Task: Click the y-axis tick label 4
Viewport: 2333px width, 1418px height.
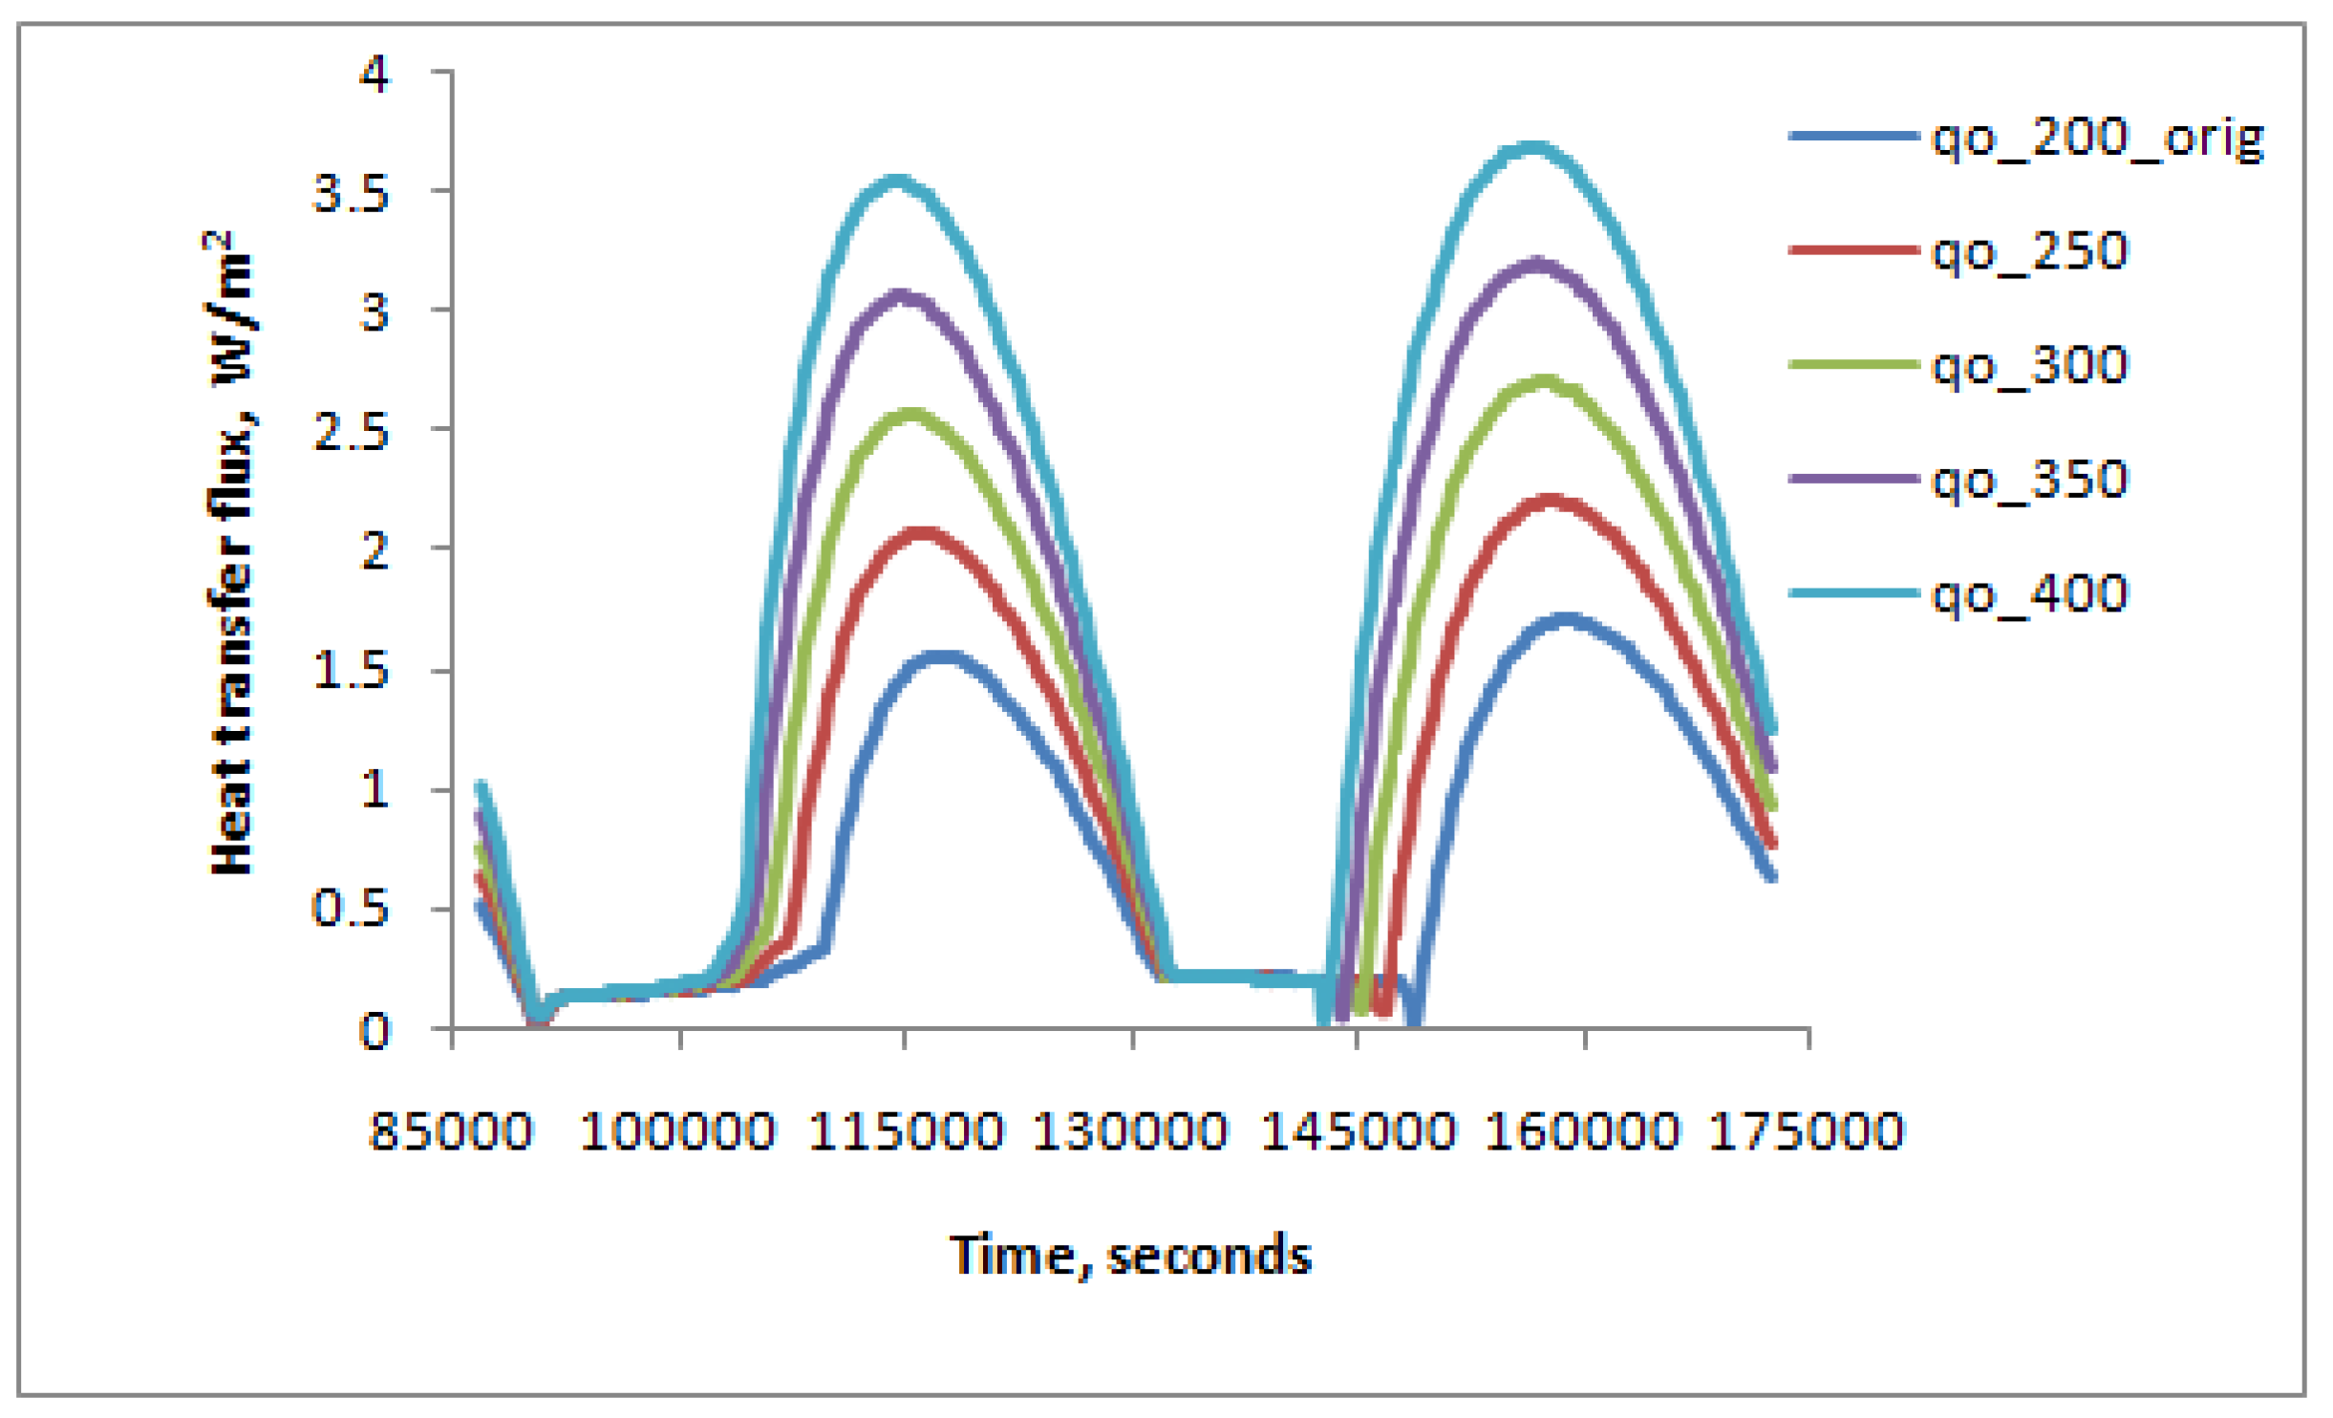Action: point(374,74)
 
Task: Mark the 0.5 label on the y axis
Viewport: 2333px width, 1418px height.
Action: point(351,908)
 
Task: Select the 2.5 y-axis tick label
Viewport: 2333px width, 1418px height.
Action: point(351,432)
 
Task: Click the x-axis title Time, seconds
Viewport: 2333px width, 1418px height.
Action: point(1130,1256)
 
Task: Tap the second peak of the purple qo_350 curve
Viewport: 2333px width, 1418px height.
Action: point(1537,262)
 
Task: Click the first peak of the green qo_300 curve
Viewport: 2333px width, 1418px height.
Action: point(911,414)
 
